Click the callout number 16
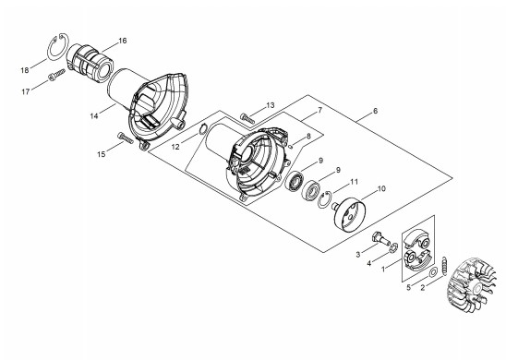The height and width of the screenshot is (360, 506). (123, 41)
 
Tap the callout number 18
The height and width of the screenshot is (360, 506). (25, 70)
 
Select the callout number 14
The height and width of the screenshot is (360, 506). (94, 115)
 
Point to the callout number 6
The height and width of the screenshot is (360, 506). (375, 111)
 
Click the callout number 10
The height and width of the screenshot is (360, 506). (381, 188)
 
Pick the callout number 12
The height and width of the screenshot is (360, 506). (175, 147)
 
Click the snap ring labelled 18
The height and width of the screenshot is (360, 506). (58, 46)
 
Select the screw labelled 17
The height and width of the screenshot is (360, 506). (56, 75)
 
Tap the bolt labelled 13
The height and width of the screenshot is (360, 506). (247, 118)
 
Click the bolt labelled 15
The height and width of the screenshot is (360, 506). (126, 138)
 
